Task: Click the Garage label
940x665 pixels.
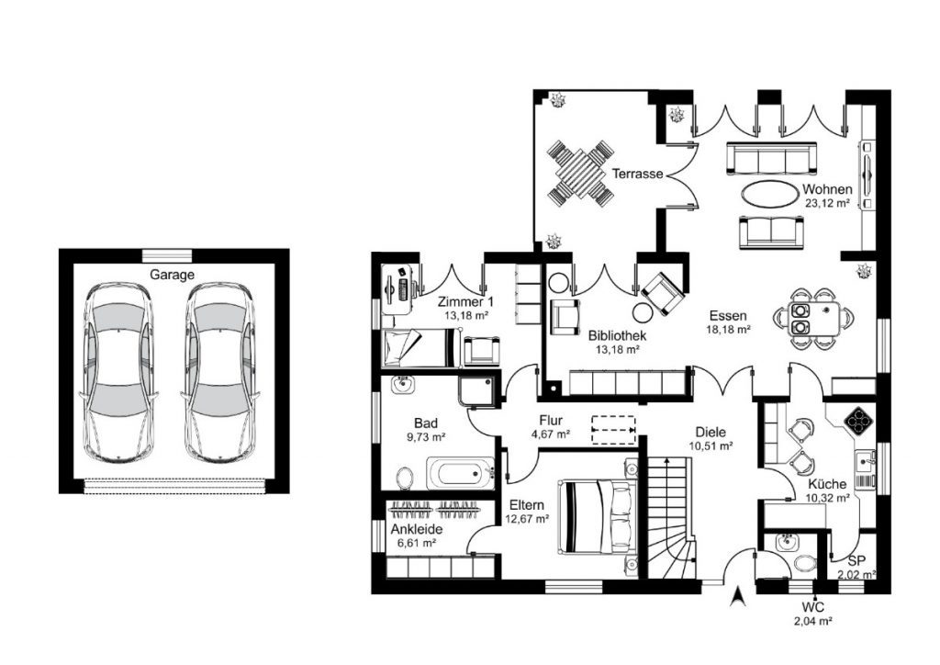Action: pyautogui.click(x=172, y=275)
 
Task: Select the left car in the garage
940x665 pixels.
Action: pyautogui.click(x=118, y=373)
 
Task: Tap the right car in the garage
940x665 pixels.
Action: pyautogui.click(x=220, y=373)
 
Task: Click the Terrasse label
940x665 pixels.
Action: pyautogui.click(x=637, y=174)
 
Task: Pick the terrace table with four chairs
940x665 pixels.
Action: pyautogui.click(x=580, y=172)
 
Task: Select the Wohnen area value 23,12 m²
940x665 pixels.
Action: pyautogui.click(x=827, y=203)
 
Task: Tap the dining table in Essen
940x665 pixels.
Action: pyautogui.click(x=814, y=319)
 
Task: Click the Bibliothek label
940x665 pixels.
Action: pyautogui.click(x=618, y=336)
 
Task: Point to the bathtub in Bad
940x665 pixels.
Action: pyautogui.click(x=461, y=474)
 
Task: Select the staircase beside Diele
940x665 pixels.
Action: pyautogui.click(x=671, y=517)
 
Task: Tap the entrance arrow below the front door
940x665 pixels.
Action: pyautogui.click(x=739, y=596)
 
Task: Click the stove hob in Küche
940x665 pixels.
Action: pyautogui.click(x=858, y=421)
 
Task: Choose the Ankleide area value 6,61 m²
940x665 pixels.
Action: pyautogui.click(x=417, y=543)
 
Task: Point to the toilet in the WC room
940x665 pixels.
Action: pyautogui.click(x=805, y=563)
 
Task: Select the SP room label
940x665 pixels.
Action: pyautogui.click(x=856, y=561)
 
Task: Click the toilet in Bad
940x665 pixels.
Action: pyautogui.click(x=405, y=478)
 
